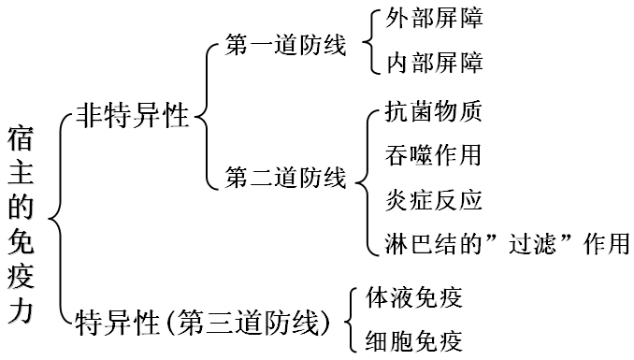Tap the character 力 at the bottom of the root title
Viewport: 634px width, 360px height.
click(23, 314)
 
